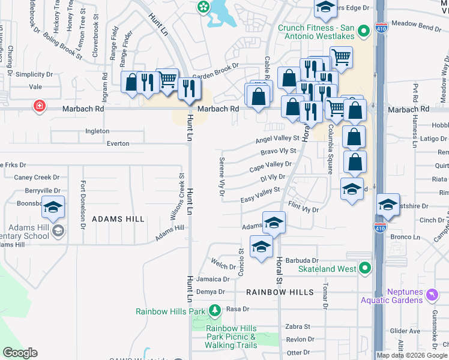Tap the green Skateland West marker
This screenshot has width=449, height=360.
(x=364, y=269)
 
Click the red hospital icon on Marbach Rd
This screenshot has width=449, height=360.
(x=40, y=106)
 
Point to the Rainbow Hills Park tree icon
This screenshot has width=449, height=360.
(x=214, y=310)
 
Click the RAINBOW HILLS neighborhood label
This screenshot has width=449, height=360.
(x=280, y=292)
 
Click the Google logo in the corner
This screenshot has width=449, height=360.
(x=20, y=353)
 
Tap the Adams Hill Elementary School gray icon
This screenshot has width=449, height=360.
(x=58, y=231)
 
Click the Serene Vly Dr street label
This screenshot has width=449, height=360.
(x=220, y=177)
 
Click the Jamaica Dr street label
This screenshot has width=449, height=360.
(x=212, y=279)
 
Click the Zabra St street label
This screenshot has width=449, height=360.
(x=298, y=327)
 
